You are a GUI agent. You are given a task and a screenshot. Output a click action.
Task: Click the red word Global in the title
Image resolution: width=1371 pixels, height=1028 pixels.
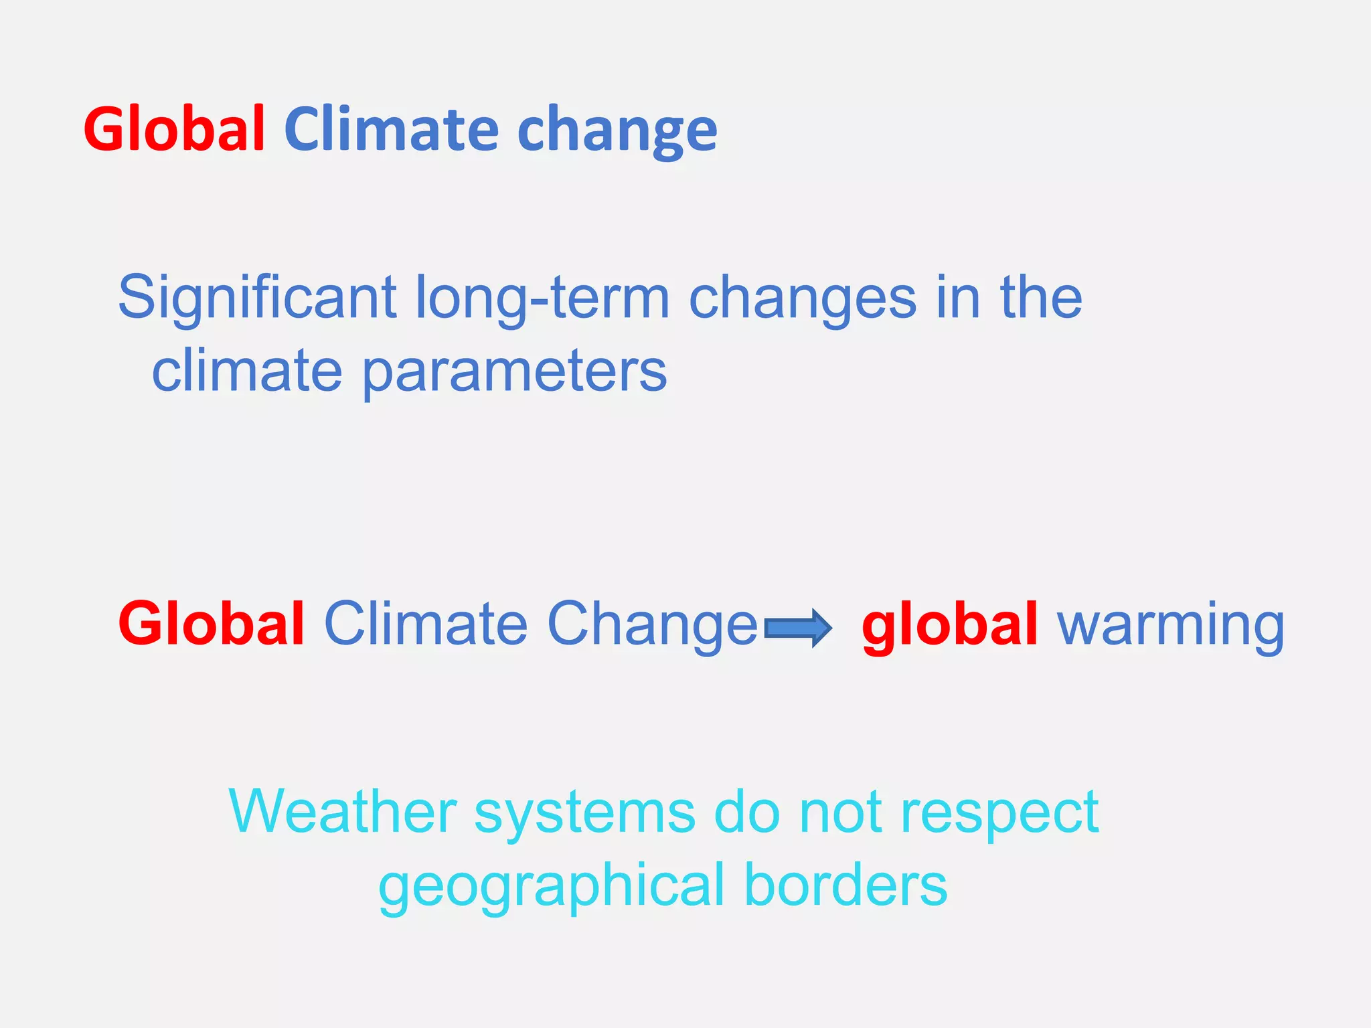(174, 129)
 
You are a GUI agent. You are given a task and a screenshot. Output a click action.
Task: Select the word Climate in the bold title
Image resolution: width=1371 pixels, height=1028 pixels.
(392, 129)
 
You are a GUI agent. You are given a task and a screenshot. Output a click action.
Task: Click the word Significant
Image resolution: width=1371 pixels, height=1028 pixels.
(258, 298)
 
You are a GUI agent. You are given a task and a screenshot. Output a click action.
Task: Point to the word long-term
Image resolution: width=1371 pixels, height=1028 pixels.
(542, 298)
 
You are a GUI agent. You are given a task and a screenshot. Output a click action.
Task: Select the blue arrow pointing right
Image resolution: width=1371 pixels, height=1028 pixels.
(798, 628)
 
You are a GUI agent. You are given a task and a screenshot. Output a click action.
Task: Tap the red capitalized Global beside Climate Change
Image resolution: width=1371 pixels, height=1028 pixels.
(212, 624)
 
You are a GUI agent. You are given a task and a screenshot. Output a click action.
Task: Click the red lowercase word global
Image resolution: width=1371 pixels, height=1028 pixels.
(950, 624)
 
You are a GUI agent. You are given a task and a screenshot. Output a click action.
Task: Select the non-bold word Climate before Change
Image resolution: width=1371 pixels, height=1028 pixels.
(426, 624)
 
